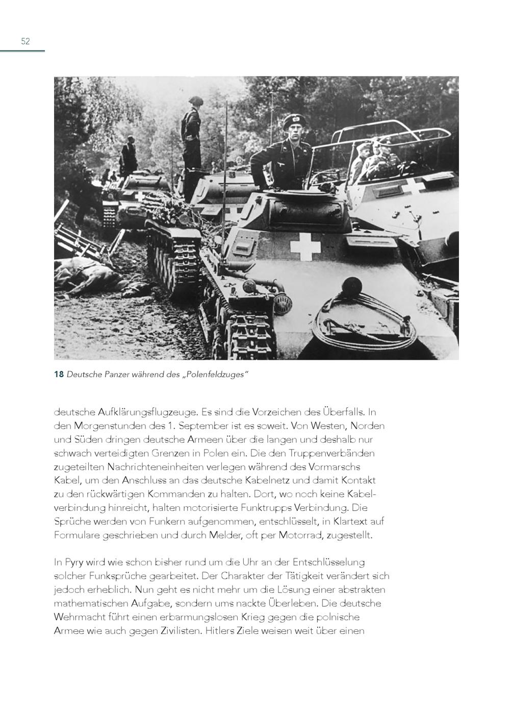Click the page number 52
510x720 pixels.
(x=25, y=41)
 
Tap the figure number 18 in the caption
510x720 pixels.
(x=59, y=375)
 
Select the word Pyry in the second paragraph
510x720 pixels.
(x=75, y=562)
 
